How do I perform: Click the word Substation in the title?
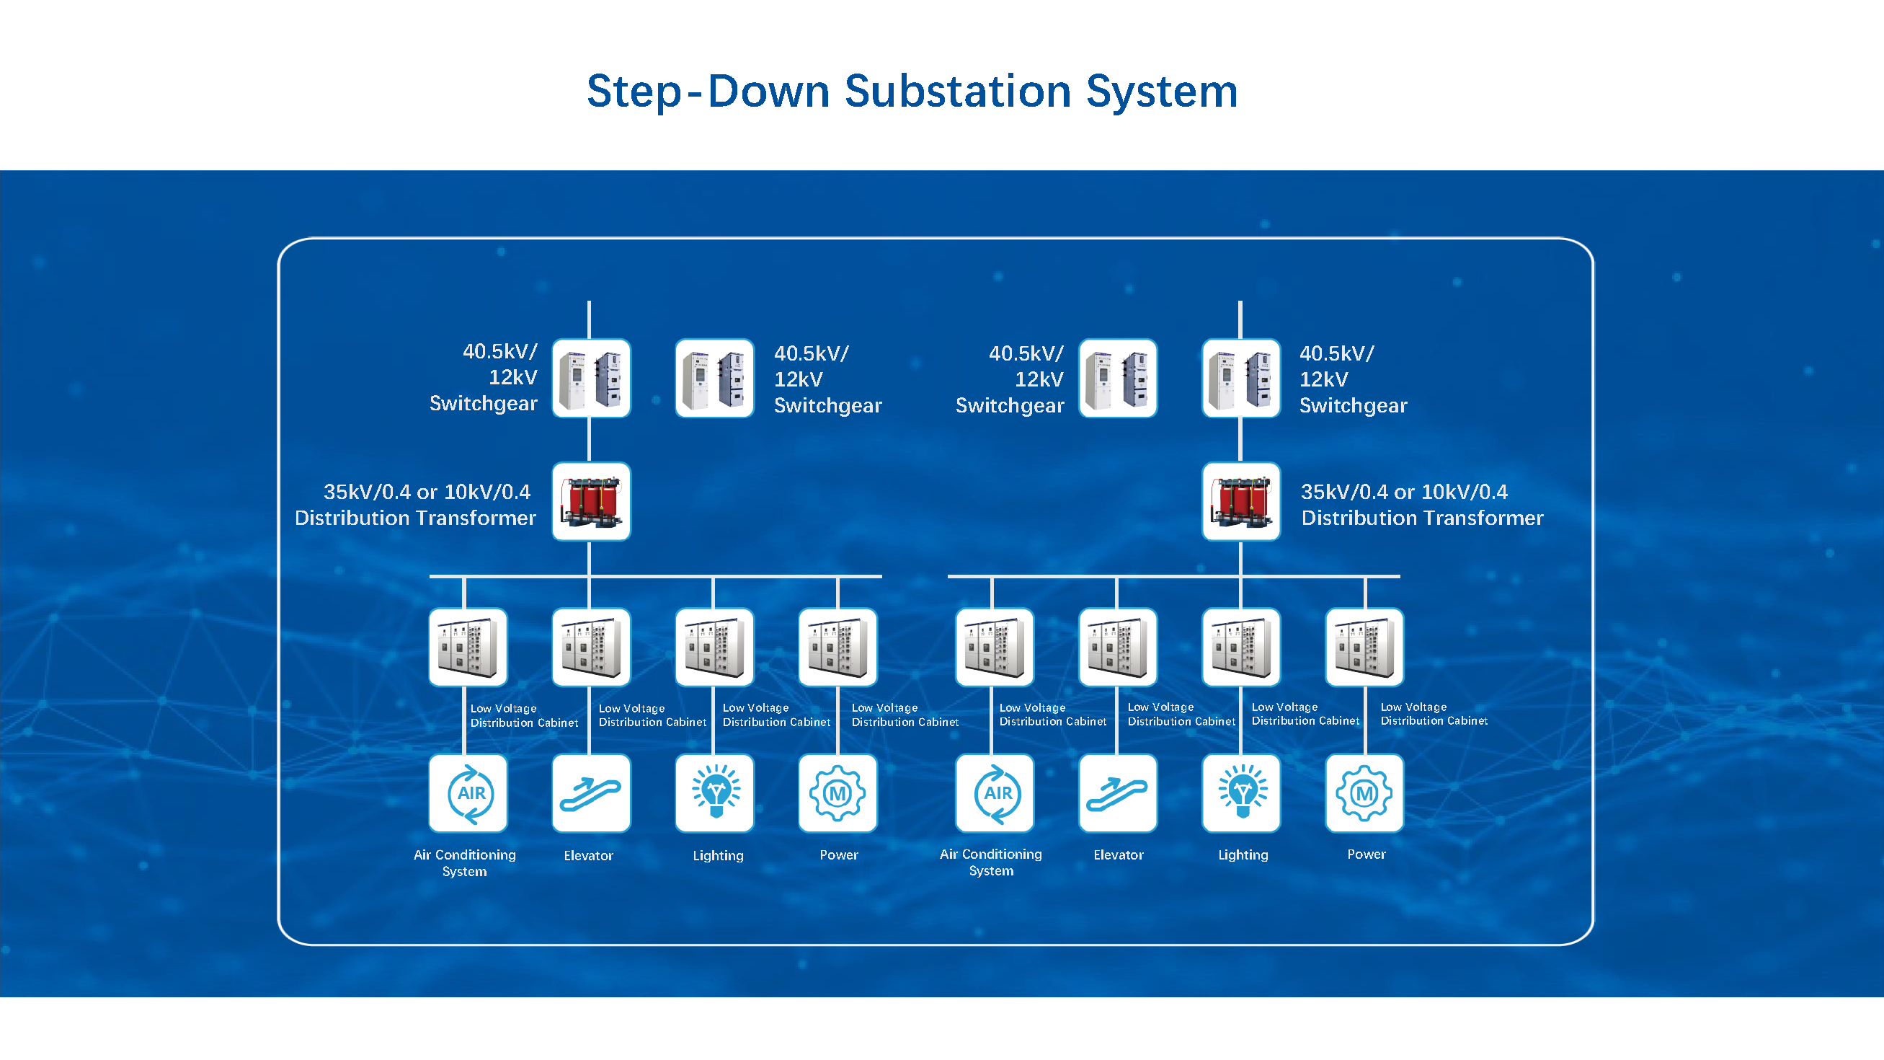click(x=957, y=92)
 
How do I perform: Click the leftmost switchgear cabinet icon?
click(x=591, y=378)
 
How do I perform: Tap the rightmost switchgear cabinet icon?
click(x=1241, y=378)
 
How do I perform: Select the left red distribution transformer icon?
click(x=591, y=501)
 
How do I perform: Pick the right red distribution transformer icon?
click(x=1241, y=501)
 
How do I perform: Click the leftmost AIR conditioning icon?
click(x=468, y=793)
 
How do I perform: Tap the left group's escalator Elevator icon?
click(x=591, y=793)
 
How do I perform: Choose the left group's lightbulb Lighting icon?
click(x=714, y=793)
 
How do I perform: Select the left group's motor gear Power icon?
click(x=837, y=793)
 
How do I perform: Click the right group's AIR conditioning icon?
click(x=995, y=793)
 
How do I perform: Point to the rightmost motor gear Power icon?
click(x=1365, y=793)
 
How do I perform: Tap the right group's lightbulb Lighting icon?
click(x=1241, y=793)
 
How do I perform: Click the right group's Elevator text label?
click(x=1119, y=854)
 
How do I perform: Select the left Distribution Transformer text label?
click(x=414, y=518)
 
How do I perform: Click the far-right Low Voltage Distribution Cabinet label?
click(x=1434, y=714)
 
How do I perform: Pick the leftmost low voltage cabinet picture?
click(x=468, y=648)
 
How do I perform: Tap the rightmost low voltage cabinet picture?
click(x=1365, y=648)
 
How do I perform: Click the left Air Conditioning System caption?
click(x=464, y=862)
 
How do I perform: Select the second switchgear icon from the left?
click(x=714, y=378)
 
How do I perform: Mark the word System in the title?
click(x=1161, y=92)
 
